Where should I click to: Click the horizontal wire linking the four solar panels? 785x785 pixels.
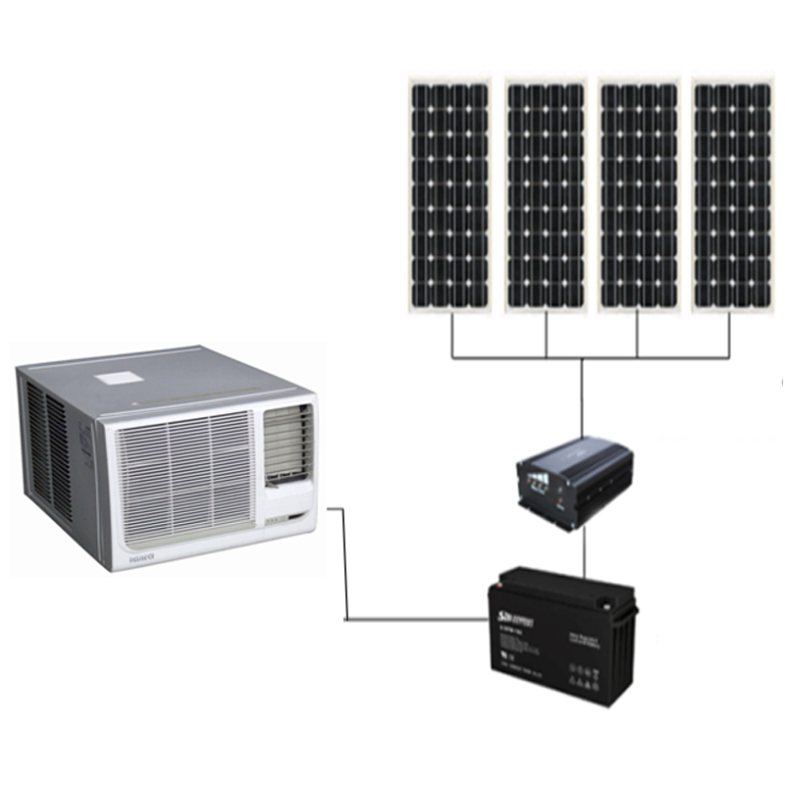point(589,355)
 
